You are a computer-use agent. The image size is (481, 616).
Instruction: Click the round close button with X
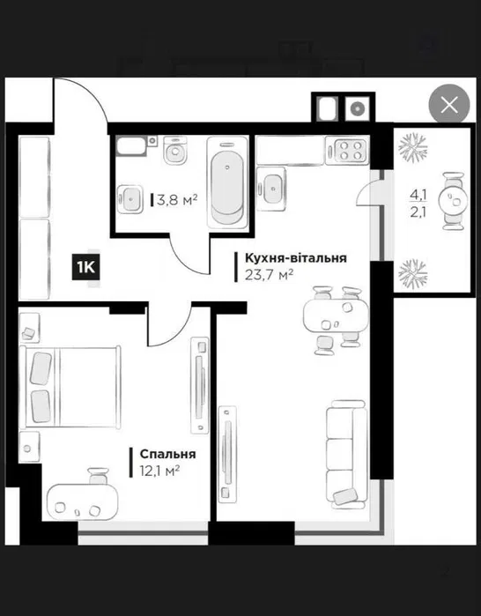(x=449, y=105)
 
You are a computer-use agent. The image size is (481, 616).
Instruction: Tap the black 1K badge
(x=85, y=268)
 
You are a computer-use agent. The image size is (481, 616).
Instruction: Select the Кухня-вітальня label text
(x=296, y=258)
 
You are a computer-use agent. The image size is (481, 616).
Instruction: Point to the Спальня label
(x=167, y=454)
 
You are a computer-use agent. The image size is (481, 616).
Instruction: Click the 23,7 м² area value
(x=270, y=275)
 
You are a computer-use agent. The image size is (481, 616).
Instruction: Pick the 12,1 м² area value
(x=159, y=471)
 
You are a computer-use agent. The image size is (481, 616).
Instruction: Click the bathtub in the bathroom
(x=227, y=182)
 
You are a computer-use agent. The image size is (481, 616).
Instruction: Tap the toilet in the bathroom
(x=175, y=150)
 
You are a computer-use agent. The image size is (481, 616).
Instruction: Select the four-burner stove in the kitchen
(x=347, y=151)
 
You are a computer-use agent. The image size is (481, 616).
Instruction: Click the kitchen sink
(x=271, y=187)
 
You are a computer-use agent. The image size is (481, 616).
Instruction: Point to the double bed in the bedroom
(x=70, y=387)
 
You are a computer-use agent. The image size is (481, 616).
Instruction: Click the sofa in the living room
(x=346, y=454)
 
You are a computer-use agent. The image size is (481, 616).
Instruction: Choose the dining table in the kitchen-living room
(x=337, y=315)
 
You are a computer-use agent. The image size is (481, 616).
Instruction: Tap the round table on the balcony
(x=453, y=201)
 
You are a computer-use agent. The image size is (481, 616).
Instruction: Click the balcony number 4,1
(x=418, y=194)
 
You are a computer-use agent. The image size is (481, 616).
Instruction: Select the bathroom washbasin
(x=130, y=199)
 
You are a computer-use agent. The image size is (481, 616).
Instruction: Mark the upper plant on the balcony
(x=412, y=147)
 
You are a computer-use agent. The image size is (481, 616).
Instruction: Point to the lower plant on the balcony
(x=412, y=274)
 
